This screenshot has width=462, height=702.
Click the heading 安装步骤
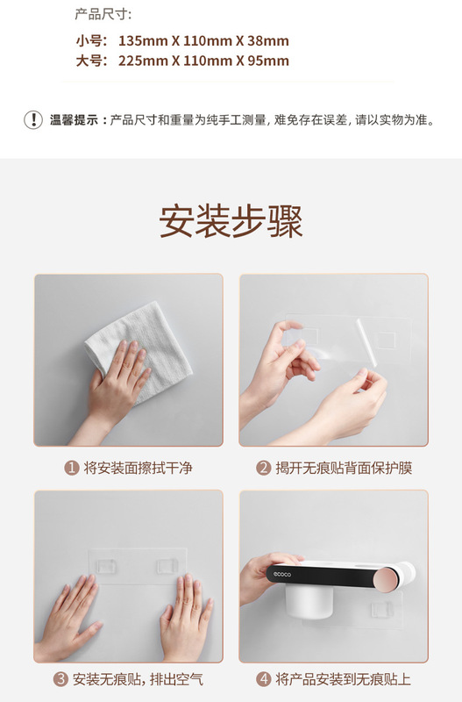pos(231,222)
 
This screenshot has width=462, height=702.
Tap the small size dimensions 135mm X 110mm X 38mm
pos(203,41)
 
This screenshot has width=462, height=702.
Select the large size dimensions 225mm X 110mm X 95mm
pos(203,61)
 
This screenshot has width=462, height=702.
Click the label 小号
pos(90,41)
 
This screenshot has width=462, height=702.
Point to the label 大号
pos(90,61)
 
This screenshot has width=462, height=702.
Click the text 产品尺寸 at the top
pos(103,14)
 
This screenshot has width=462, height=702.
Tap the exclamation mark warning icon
pos(32,120)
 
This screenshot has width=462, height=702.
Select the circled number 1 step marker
pos(71,468)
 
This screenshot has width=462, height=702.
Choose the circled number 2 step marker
pos(263,468)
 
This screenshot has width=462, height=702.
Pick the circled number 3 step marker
pos(61,679)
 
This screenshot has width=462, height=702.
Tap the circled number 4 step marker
pos(263,679)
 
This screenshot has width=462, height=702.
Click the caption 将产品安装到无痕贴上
pos(342,679)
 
